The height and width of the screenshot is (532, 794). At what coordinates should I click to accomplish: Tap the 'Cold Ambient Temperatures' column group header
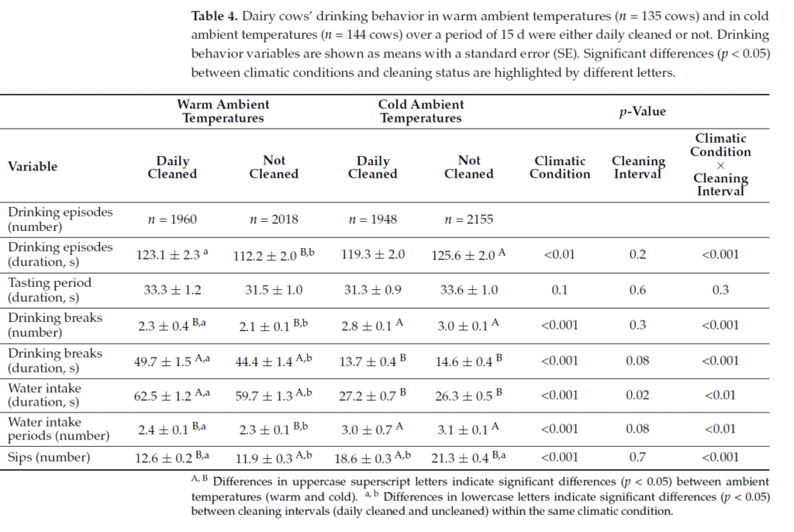pyautogui.click(x=420, y=111)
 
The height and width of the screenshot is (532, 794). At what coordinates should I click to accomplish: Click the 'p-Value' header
pyautogui.click(x=642, y=111)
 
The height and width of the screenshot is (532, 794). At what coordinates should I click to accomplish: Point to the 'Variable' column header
pyautogui.click(x=33, y=166)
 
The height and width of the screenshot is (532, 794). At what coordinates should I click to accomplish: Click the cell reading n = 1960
pyautogui.click(x=172, y=219)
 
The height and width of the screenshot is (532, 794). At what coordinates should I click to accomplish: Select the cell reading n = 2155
pyautogui.click(x=468, y=219)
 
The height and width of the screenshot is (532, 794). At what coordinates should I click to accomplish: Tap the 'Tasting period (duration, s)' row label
pyautogui.click(x=50, y=289)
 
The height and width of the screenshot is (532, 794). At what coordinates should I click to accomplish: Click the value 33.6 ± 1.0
pyautogui.click(x=468, y=290)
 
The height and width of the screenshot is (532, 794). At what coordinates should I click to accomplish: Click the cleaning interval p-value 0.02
pyautogui.click(x=638, y=395)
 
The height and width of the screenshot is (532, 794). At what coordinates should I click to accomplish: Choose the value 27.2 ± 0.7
pyautogui.click(x=368, y=395)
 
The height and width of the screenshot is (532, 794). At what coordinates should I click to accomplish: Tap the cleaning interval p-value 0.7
pyautogui.click(x=638, y=458)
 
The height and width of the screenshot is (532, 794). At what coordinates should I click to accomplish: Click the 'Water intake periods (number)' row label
pyautogui.click(x=55, y=429)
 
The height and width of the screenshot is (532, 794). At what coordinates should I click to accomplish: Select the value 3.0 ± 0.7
pyautogui.click(x=368, y=430)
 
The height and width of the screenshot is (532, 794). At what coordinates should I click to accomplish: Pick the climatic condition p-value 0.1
pyautogui.click(x=559, y=290)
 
